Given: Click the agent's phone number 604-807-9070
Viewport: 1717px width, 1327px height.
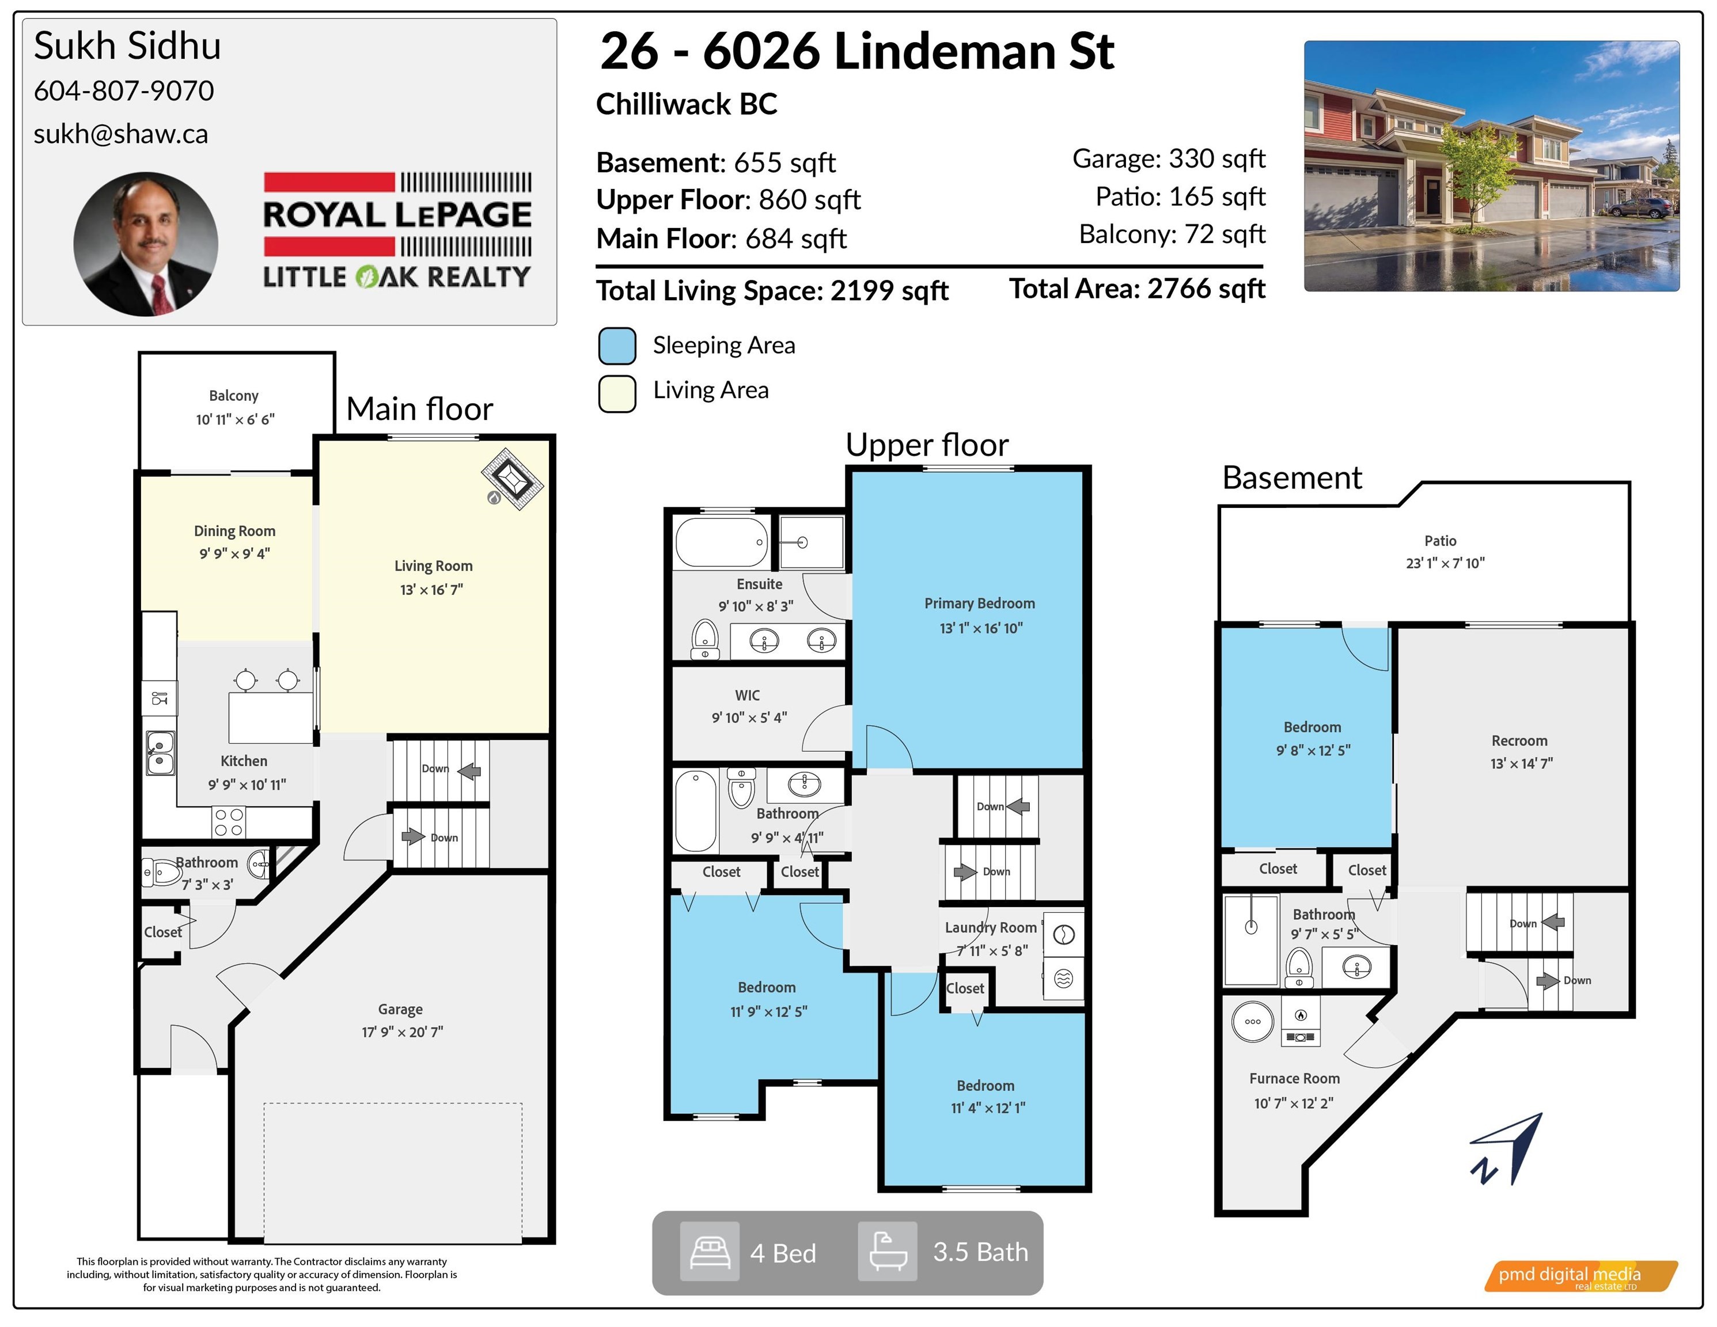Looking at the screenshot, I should (123, 91).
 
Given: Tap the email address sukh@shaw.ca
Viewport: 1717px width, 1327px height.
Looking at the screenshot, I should (120, 134).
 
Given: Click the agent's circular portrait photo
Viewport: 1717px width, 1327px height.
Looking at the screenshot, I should (146, 244).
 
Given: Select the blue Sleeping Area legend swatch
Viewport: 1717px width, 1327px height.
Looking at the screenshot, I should (617, 346).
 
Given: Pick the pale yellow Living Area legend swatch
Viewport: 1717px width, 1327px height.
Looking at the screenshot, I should (617, 393).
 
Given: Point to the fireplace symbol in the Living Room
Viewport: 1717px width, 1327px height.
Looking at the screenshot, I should (512, 479).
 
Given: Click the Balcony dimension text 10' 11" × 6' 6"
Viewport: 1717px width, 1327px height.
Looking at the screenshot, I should (235, 420).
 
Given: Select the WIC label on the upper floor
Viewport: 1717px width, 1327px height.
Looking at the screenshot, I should (748, 695).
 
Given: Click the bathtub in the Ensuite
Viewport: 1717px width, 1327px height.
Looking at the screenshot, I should (721, 541).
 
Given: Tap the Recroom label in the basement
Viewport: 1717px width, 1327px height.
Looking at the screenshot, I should (1519, 741).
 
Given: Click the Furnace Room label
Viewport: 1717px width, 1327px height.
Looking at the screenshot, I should (1294, 1079).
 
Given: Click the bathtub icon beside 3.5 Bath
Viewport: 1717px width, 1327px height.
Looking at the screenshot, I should (887, 1252).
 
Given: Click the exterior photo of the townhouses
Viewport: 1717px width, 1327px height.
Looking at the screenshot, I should (1491, 166).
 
